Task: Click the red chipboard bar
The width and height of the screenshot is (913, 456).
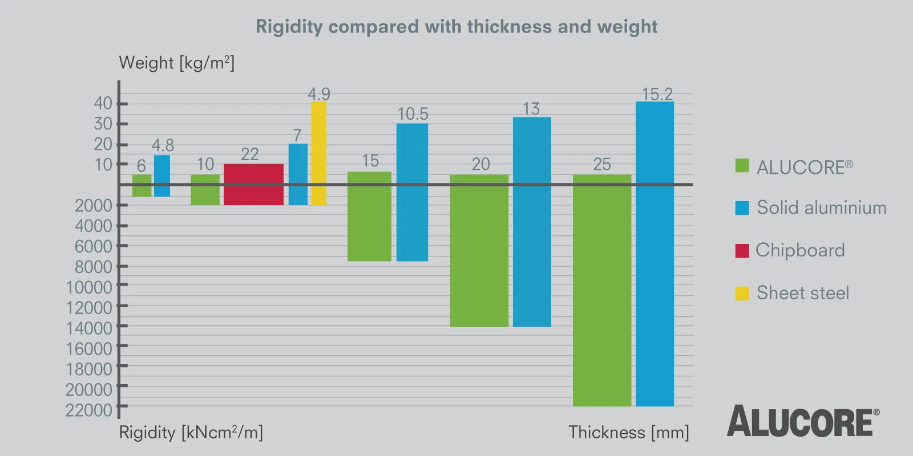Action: [253, 184]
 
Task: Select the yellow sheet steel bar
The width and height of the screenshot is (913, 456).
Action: [318, 153]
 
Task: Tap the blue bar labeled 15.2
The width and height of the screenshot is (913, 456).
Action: [655, 254]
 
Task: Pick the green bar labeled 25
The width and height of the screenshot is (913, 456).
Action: [601, 290]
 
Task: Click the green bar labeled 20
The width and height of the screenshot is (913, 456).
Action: [479, 250]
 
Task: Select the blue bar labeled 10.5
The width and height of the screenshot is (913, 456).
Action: [412, 192]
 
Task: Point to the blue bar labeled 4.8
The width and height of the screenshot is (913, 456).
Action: [162, 176]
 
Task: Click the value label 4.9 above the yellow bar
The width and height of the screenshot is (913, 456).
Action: [319, 93]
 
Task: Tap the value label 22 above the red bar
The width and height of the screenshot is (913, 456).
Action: [250, 154]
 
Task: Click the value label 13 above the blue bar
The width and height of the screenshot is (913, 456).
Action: [531, 108]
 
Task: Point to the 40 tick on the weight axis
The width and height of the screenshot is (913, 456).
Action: [103, 103]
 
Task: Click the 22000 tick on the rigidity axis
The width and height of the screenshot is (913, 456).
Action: [89, 410]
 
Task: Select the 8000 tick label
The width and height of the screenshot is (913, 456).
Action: [94, 267]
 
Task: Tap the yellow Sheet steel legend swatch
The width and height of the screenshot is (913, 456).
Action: [742, 293]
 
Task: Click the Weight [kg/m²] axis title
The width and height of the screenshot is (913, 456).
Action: [176, 63]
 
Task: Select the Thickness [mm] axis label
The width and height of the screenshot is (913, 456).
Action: [628, 432]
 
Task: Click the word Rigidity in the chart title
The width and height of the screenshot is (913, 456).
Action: [289, 27]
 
